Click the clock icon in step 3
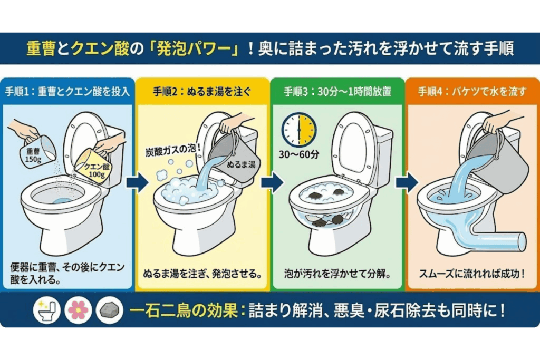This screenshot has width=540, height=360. [x=298, y=129]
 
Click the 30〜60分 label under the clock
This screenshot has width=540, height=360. [x=298, y=155]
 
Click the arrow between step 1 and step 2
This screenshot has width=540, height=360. [x=138, y=182]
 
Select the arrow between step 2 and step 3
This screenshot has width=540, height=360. [x=272, y=182]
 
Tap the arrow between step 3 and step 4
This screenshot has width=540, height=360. [x=407, y=182]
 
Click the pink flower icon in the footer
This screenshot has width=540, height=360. [x=78, y=310]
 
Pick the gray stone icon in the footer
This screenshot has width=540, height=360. [x=109, y=310]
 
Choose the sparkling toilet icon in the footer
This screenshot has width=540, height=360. [x=47, y=310]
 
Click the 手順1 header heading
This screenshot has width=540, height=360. [x=67, y=91]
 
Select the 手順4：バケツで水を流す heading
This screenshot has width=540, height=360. [x=472, y=91]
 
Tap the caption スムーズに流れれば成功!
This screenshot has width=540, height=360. [x=472, y=274]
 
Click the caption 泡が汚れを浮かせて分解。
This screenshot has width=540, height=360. [x=337, y=274]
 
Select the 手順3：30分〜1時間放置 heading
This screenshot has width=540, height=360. [x=337, y=91]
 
